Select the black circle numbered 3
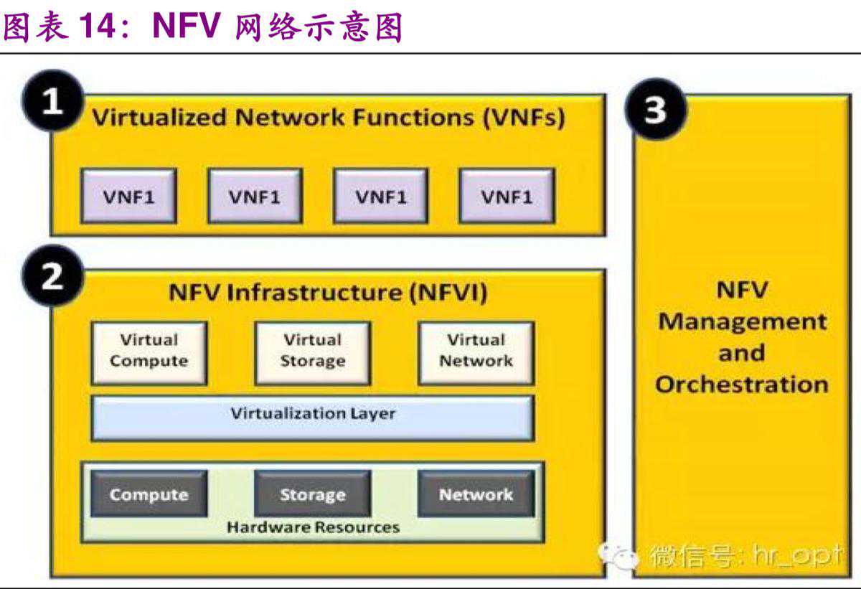tap(656, 111)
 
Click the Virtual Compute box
tap(149, 352)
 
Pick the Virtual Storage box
tap(312, 352)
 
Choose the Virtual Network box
tap(476, 352)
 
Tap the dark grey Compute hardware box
tap(149, 494)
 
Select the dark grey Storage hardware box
tap(312, 494)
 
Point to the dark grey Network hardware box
tap(476, 494)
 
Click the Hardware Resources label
tap(313, 528)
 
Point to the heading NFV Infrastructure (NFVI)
tap(328, 293)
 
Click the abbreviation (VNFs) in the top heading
tap(523, 117)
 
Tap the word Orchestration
tap(741, 385)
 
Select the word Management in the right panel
tap(742, 321)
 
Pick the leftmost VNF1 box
tap(128, 196)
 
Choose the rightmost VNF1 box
tap(507, 196)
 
